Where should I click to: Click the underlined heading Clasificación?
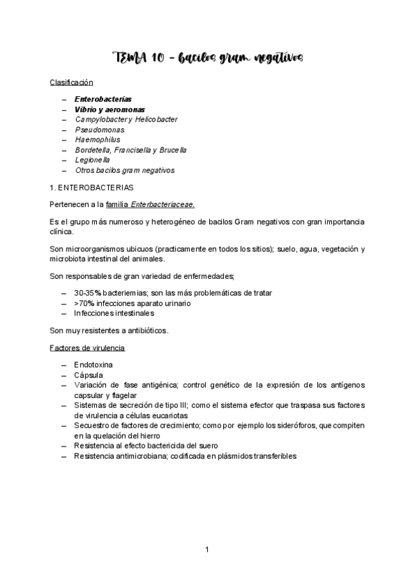coord(71,82)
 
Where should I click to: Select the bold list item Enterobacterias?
coord(103,99)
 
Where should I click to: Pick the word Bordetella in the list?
coord(92,150)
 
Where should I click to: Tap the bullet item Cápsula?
coord(88,374)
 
